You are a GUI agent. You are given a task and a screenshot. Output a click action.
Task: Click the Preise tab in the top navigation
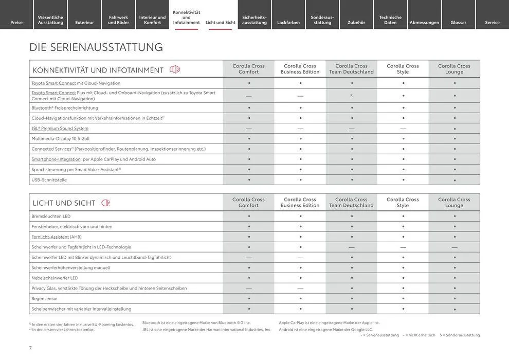click(x=16, y=22)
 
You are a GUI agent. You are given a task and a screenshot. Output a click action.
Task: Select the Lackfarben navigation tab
click(x=288, y=22)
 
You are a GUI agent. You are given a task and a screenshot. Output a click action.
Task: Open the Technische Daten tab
click(x=390, y=20)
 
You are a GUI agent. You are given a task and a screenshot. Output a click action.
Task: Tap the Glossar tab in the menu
click(x=458, y=22)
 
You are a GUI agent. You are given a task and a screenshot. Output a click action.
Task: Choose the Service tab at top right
click(x=492, y=22)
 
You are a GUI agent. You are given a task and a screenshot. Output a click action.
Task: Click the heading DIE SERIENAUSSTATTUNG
click(x=96, y=47)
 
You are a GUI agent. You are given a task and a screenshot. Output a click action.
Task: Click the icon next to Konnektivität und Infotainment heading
click(x=175, y=69)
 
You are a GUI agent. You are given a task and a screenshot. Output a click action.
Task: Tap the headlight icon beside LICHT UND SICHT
click(x=106, y=203)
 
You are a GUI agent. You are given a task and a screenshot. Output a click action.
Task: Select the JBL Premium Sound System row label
click(x=60, y=129)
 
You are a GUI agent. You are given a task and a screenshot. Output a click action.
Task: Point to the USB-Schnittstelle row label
click(x=49, y=180)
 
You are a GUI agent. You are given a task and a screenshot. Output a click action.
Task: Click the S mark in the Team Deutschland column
click(x=352, y=96)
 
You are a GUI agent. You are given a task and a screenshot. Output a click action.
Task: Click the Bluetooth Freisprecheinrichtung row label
click(x=65, y=108)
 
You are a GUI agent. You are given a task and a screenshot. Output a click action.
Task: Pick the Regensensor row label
click(x=45, y=299)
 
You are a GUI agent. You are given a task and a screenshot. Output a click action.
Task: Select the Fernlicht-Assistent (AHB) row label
click(x=57, y=237)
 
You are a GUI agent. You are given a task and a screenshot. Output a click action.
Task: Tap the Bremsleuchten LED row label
click(x=51, y=217)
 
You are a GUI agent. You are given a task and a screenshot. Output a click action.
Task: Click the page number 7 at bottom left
click(x=31, y=348)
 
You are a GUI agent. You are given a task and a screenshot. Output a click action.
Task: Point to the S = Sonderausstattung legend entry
click(x=460, y=335)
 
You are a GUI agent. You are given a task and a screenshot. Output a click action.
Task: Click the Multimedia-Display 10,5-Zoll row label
click(x=61, y=139)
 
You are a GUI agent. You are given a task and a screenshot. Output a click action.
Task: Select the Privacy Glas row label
click(x=109, y=289)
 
